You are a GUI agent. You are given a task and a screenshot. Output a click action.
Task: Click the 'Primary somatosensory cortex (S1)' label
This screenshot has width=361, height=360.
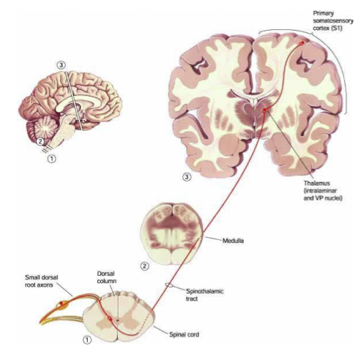(x=332, y=20)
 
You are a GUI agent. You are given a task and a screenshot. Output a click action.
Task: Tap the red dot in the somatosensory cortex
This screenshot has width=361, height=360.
(x=302, y=43)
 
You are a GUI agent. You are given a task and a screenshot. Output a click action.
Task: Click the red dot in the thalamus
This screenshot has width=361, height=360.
(x=264, y=110)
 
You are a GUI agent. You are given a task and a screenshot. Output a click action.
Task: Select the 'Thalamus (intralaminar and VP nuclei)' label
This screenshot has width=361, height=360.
(x=323, y=190)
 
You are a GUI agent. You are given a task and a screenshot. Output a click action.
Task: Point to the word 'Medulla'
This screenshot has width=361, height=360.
(x=233, y=241)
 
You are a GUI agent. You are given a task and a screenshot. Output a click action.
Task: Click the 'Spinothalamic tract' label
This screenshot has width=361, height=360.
(x=204, y=295)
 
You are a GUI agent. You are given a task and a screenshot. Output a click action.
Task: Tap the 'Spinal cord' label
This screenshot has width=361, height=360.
(x=184, y=334)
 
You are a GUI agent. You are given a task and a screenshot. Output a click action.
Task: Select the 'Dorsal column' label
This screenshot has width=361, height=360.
(x=107, y=277)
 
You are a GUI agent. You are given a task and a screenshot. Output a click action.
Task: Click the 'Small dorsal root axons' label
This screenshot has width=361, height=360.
(x=42, y=281)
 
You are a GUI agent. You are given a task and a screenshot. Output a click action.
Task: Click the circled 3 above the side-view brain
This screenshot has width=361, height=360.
(x=62, y=65)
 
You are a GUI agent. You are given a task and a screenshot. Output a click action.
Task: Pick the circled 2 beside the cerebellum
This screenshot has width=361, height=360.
(x=40, y=141)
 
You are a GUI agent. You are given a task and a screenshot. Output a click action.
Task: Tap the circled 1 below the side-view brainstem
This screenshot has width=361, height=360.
(x=52, y=159)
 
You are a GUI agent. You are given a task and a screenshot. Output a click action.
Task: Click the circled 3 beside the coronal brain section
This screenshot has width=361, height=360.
(x=187, y=177)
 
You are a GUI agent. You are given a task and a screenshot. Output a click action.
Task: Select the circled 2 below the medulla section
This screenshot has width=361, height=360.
(x=145, y=266)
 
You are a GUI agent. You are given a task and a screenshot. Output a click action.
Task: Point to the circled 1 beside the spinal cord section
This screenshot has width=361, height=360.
(x=87, y=340)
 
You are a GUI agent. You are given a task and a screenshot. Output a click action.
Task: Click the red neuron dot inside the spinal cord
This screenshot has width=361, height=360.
(x=111, y=319)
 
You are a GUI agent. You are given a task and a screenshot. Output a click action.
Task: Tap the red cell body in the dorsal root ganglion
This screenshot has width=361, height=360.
(x=61, y=303)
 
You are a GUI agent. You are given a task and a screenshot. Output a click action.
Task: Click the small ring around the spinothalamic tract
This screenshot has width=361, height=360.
(x=169, y=285)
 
